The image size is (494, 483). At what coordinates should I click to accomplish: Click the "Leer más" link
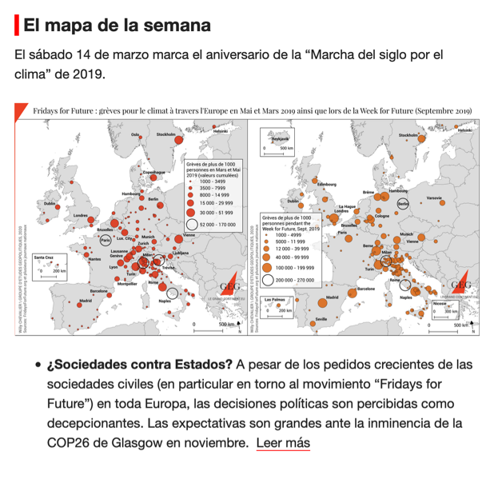pyautogui.click(x=282, y=442)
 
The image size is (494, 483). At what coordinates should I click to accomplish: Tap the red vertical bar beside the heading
pyautogui.click(x=17, y=25)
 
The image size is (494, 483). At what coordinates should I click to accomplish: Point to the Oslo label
pyautogui.click(x=135, y=134)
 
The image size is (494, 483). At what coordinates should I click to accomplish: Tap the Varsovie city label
pyautogui.click(x=434, y=198)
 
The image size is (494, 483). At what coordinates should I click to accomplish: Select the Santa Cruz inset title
pyautogui.click(x=44, y=257)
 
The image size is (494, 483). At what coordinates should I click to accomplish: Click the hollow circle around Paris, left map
pyautogui.click(x=105, y=239)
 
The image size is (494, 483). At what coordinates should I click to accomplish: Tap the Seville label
pyautogui.click(x=321, y=318)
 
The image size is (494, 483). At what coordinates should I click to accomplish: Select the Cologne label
pyautogui.click(x=381, y=216)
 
